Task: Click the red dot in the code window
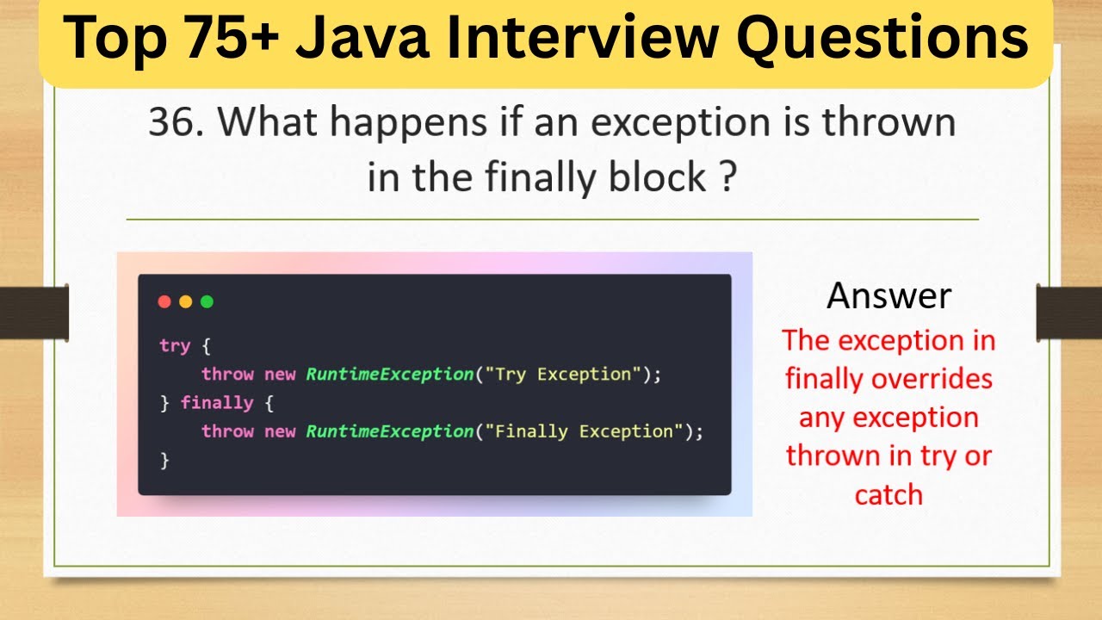point(164,301)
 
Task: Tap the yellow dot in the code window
point(185,301)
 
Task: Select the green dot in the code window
point(207,301)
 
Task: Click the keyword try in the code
point(174,345)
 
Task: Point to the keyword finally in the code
point(217,402)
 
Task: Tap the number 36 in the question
point(169,123)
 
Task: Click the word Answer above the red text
point(888,295)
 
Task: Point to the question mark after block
point(727,177)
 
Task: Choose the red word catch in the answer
point(888,494)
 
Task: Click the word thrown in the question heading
point(889,123)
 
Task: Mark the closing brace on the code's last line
point(164,460)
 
